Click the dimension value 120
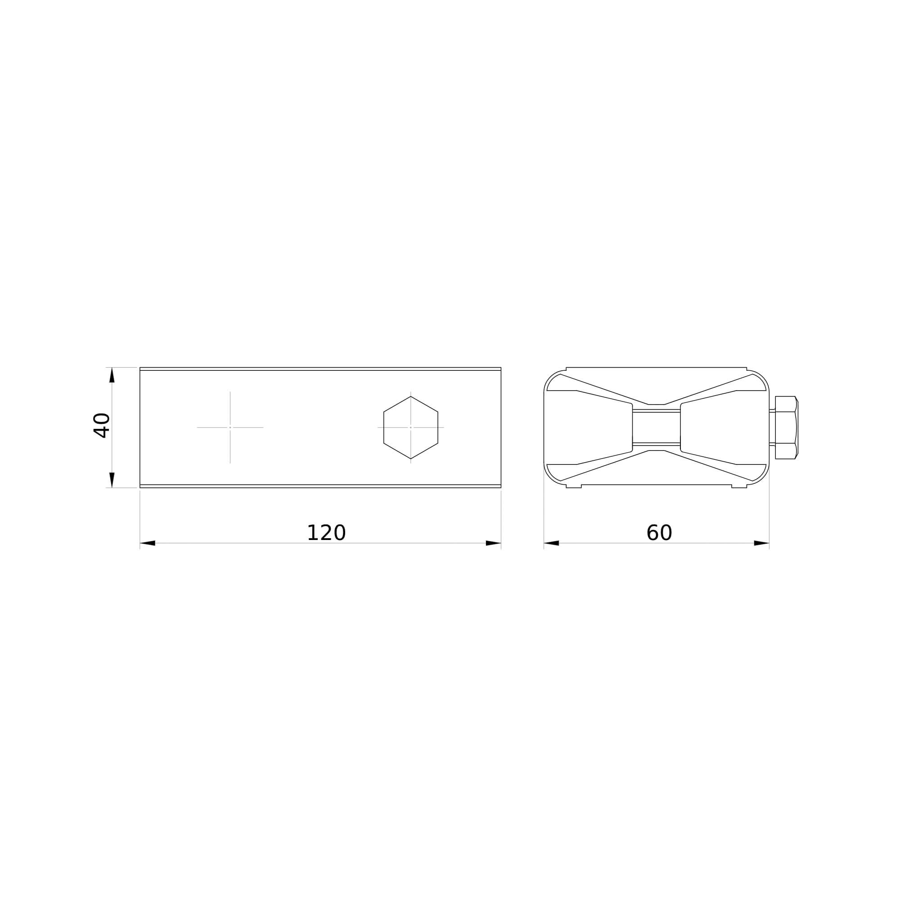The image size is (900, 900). pos(326,533)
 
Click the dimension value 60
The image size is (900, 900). pos(659,533)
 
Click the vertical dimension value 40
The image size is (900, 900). pos(102,425)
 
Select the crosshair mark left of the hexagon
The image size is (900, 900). pos(230,427)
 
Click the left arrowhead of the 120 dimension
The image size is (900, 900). pos(147,543)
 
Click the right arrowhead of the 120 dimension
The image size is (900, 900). pos(493,543)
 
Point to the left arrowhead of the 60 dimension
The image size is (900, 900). pos(551,543)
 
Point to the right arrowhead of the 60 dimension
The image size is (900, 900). pos(762,543)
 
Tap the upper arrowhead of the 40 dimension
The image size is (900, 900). pos(112,375)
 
